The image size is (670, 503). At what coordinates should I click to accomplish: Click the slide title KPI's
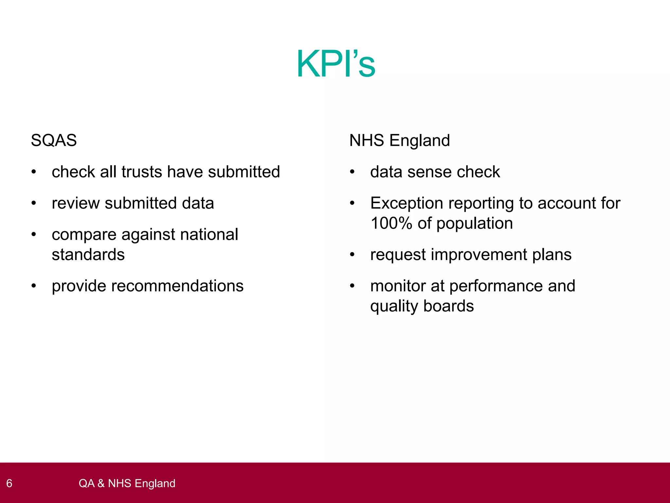(336, 64)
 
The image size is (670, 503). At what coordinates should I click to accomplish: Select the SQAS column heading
(54, 140)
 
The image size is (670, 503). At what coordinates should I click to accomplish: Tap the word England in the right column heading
(420, 141)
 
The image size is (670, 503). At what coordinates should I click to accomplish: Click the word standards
(88, 255)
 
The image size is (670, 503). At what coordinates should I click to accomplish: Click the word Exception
(407, 203)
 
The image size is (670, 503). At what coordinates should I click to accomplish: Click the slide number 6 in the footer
(9, 483)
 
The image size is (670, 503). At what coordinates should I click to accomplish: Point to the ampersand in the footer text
(101, 483)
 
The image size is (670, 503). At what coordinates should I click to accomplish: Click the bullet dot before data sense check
(352, 172)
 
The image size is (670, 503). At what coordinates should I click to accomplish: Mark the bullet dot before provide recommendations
(34, 286)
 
